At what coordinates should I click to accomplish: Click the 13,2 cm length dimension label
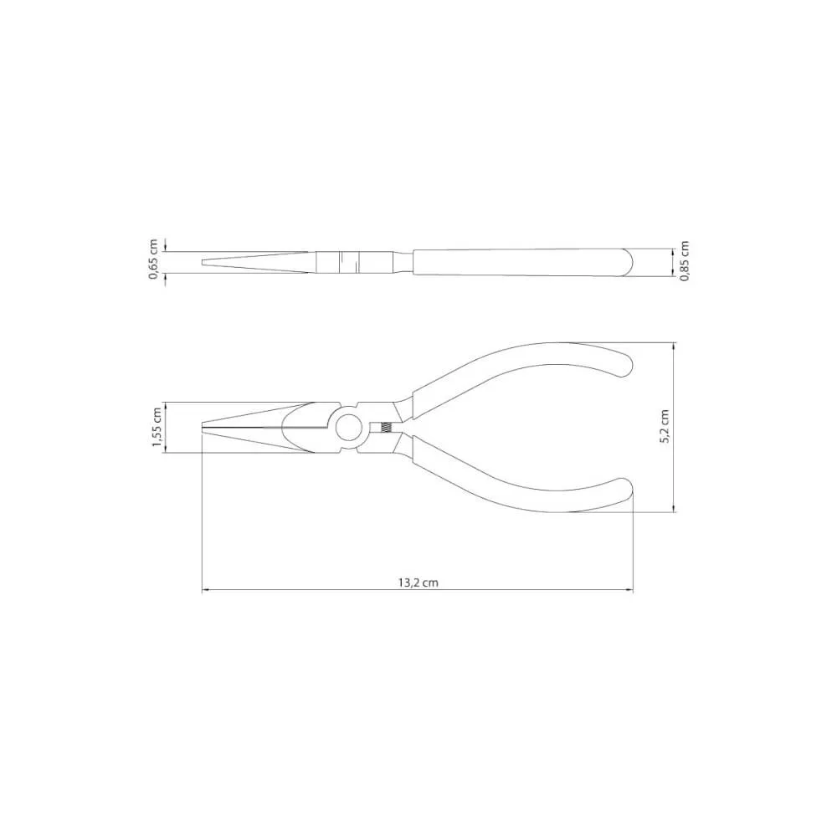418,583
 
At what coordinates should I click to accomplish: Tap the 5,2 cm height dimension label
665,427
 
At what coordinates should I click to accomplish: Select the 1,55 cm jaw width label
157,428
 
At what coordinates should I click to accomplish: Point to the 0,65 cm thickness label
154,259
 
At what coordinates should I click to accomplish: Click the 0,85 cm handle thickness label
686,261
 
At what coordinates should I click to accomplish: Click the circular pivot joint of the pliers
348,427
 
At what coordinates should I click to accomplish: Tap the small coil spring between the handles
385,427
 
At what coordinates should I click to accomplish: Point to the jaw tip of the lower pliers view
203,427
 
